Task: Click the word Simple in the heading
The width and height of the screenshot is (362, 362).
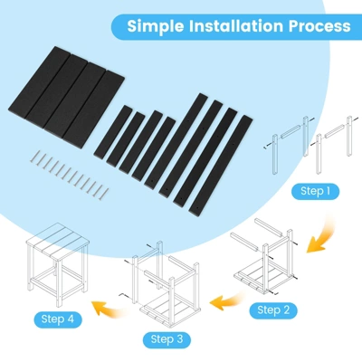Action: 156,26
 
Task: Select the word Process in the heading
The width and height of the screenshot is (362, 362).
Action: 319,26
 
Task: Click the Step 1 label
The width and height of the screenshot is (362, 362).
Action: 315,191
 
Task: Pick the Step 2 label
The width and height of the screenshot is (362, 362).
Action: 273,310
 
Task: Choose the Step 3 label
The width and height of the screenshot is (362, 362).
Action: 167,339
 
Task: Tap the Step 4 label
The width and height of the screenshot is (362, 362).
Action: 57,319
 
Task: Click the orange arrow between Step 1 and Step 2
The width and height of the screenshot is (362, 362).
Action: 323,234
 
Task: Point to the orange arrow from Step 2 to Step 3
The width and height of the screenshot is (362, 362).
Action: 227,300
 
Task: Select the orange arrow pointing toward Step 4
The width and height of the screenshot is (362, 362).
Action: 110,309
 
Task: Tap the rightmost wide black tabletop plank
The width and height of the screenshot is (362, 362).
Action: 94,110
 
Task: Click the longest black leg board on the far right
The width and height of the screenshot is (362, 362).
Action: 221,166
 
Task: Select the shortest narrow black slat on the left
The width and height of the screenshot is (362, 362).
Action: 113,131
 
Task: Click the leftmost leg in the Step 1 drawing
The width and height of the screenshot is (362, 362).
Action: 275,155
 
